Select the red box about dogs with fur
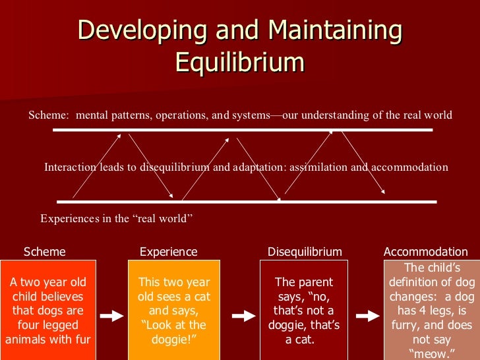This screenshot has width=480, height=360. pos(47,311)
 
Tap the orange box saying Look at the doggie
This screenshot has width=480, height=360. pos(173,311)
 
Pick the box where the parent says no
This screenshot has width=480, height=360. pos(303,311)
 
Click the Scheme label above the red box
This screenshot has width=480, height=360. pos(45,252)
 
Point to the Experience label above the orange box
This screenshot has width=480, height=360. pos(169,252)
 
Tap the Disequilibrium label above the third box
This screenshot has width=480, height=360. pos(305,252)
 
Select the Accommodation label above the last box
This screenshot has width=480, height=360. pos(426,252)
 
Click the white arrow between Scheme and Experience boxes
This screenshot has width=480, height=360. pos(111,316)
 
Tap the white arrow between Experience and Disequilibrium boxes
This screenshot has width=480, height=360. pos(243,316)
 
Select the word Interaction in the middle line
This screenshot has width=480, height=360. pos(71,167)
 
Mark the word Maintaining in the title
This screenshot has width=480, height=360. pos(332,31)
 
